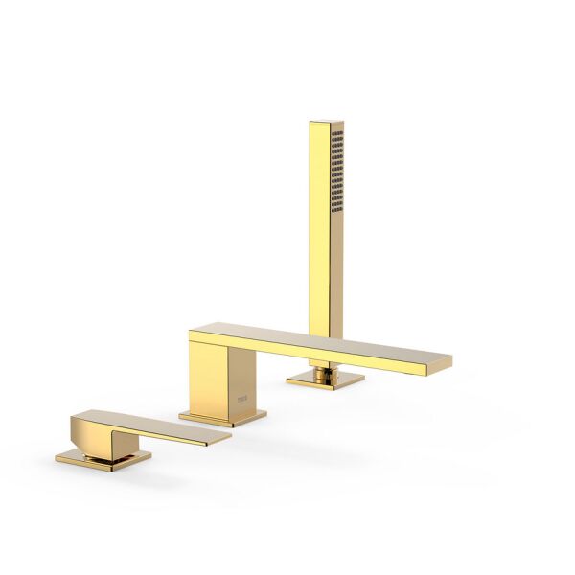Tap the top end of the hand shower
pos(326,124)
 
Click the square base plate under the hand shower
pos(325,380)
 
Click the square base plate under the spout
pos(222,418)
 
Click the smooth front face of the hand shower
pos(319,220)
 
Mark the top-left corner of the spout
pos(192,333)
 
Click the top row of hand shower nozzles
pos(336,133)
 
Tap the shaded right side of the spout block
pos(241,379)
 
